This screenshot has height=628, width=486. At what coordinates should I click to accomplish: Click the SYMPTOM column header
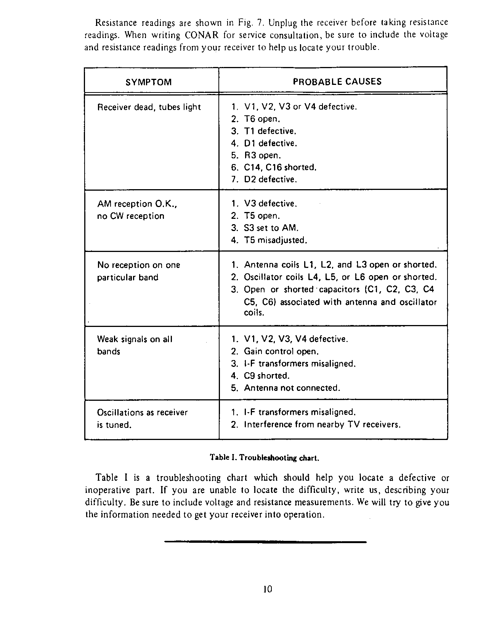[x=149, y=82]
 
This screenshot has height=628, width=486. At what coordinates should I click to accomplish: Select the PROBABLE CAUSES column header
[x=337, y=82]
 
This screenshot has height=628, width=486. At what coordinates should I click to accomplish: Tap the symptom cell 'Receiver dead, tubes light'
[x=149, y=107]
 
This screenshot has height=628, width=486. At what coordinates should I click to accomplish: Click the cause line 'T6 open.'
[x=262, y=119]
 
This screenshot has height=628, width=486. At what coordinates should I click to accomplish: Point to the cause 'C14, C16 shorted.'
[x=280, y=167]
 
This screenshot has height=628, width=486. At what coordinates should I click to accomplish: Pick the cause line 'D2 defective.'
[x=270, y=179]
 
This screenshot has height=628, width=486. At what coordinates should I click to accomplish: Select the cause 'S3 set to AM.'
[x=271, y=228]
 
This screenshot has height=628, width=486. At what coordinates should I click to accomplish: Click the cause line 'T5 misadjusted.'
[x=275, y=240]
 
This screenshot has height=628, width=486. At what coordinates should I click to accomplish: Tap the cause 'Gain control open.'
[x=281, y=351]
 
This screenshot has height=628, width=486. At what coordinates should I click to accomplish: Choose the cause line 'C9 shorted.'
[x=266, y=376]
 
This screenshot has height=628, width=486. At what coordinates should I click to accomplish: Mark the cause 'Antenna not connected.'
[x=292, y=388]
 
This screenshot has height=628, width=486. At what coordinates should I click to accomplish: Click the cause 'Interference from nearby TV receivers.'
[x=322, y=424]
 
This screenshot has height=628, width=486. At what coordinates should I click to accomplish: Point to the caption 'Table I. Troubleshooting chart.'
[x=264, y=458]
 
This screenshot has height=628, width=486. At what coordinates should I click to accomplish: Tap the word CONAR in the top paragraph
[x=202, y=35]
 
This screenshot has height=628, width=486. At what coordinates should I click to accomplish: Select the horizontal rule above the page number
[x=265, y=542]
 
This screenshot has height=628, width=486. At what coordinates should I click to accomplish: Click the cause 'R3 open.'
[x=262, y=155]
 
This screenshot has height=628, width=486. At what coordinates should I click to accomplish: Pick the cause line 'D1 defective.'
[x=270, y=143]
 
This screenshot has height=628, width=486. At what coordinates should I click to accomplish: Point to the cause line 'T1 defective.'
[x=270, y=131]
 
